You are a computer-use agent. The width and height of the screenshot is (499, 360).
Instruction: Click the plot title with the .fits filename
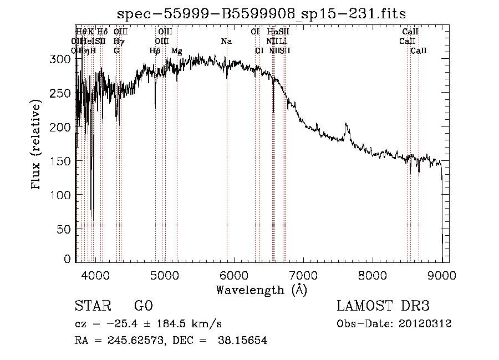(262, 14)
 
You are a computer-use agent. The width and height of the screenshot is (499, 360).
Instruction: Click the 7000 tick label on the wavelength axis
(303, 275)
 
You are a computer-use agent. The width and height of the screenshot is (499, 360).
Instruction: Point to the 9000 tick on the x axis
(442, 275)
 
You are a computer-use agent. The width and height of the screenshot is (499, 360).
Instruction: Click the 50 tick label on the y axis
(65, 229)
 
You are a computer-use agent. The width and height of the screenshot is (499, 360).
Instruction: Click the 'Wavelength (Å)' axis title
(261, 290)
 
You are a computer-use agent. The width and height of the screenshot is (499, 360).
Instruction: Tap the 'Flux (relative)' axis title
(37, 145)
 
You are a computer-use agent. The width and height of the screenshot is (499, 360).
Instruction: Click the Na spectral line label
(226, 42)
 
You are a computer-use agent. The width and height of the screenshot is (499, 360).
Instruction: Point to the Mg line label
(176, 51)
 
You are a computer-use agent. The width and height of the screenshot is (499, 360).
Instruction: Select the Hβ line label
(155, 51)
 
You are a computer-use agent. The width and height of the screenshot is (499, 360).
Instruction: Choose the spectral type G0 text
(143, 306)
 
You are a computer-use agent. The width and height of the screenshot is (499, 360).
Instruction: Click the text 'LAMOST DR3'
(383, 306)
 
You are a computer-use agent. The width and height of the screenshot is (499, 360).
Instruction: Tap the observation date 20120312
(425, 324)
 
